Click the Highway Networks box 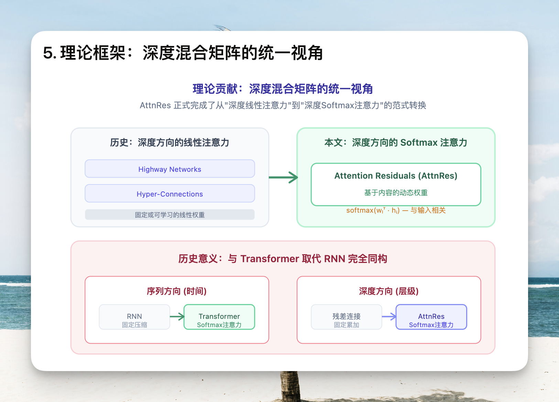170,169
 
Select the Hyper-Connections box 170,193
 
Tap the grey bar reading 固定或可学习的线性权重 170,215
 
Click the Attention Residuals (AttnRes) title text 396,176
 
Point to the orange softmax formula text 396,210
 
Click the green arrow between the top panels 283,177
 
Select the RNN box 134,317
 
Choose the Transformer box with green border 219,317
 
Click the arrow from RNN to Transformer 177,317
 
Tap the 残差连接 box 347,317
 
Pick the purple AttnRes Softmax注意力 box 431,317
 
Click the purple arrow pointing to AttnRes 389,317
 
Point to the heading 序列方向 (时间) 177,291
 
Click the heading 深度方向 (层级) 389,291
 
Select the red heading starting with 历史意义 283,259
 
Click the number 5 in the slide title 48,53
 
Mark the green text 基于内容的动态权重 396,193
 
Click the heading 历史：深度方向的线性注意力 170,143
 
